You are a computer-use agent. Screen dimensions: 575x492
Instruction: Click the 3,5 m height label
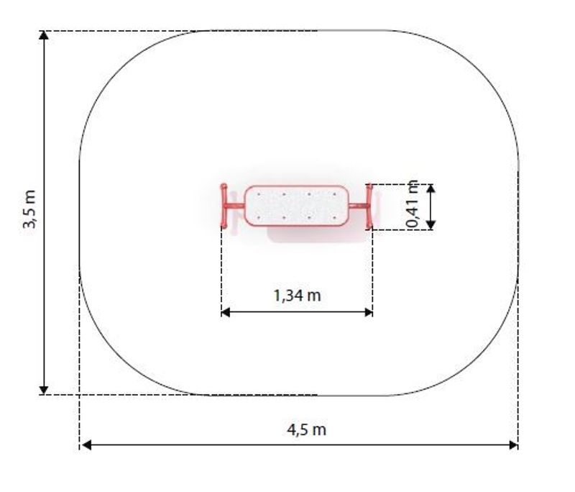[29, 209]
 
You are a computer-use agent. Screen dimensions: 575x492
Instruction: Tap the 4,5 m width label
[307, 429]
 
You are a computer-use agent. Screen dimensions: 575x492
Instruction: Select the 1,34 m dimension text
[297, 296]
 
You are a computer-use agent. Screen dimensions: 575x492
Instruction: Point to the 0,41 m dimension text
[413, 204]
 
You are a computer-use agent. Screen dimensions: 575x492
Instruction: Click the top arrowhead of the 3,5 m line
[44, 35]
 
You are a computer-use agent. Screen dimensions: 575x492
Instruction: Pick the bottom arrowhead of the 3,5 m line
[44, 390]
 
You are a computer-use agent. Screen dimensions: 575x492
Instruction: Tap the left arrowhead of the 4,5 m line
[86, 445]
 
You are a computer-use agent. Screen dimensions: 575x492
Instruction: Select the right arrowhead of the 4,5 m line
[513, 445]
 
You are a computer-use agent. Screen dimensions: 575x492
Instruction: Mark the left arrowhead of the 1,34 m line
[226, 312]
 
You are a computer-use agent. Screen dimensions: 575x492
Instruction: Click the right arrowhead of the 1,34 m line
[368, 312]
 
